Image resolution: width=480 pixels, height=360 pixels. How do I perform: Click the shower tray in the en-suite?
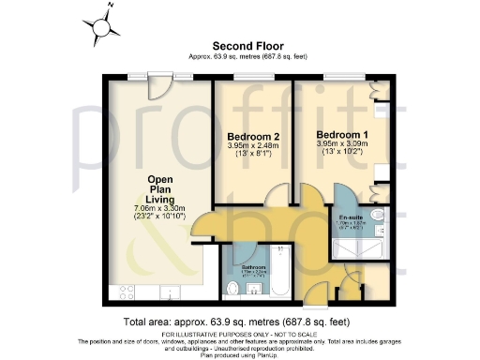(x=356, y=244)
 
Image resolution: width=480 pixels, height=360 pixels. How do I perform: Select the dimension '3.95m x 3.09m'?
(x=340, y=143)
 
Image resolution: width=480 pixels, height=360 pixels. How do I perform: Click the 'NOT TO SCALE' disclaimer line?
(x=240, y=334)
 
